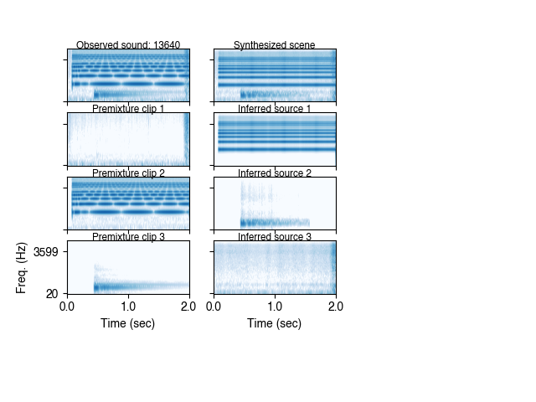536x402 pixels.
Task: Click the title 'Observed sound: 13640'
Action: pyautogui.click(x=128, y=45)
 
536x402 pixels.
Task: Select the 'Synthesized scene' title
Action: pyautogui.click(x=275, y=45)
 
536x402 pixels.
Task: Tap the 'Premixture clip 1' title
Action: pyautogui.click(x=128, y=109)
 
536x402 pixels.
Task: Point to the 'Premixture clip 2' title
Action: pyautogui.click(x=128, y=173)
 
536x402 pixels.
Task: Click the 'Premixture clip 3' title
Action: pyautogui.click(x=128, y=237)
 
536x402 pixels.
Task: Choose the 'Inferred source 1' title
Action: pyautogui.click(x=275, y=109)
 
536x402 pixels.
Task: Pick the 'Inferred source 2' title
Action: pyautogui.click(x=275, y=173)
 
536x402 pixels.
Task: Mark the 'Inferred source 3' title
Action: pyautogui.click(x=275, y=237)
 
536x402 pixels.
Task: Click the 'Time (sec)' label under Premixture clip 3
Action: pyautogui.click(x=128, y=323)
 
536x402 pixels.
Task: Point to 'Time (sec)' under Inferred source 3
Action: pyautogui.click(x=275, y=323)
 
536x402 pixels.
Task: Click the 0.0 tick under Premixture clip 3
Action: pyautogui.click(x=68, y=307)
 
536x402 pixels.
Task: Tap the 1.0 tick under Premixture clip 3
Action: pyautogui.click(x=128, y=307)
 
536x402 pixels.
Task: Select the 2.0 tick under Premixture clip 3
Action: pyautogui.click(x=188, y=307)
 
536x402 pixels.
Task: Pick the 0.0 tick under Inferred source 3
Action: pyautogui.click(x=214, y=307)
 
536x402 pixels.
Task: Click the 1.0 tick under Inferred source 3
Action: pyautogui.click(x=275, y=307)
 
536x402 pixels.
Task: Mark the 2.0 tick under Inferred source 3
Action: pyautogui.click(x=335, y=307)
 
